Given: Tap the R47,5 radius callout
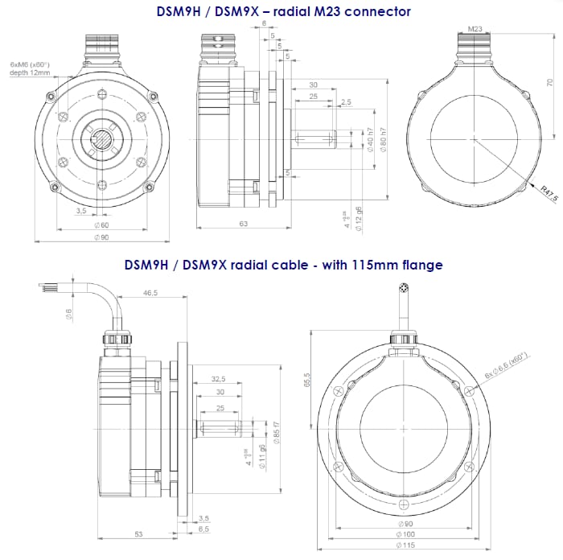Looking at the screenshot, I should (549, 192).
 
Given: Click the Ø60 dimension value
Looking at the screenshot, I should (101, 225).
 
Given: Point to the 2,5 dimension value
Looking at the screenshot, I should (346, 102).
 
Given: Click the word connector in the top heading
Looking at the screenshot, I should (377, 11).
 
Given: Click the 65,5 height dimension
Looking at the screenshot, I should (307, 377).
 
